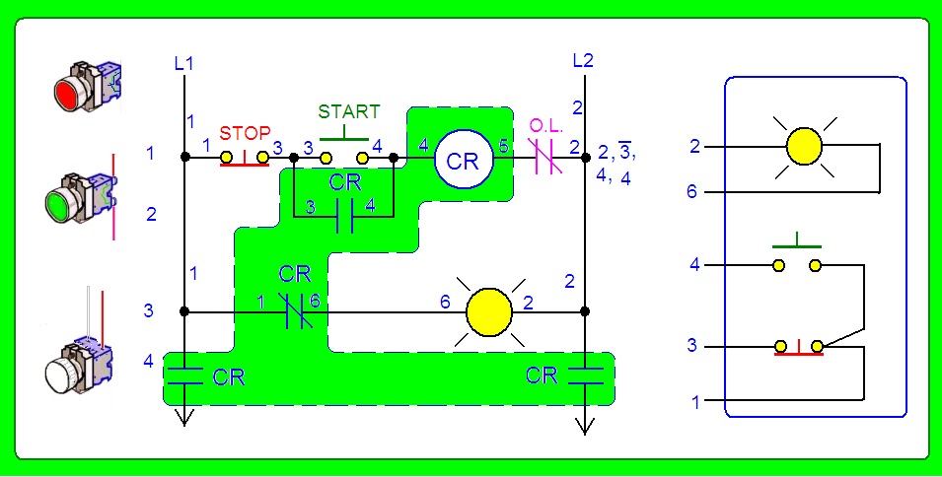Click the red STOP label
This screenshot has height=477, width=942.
click(x=245, y=133)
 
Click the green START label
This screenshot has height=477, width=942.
click(x=349, y=111)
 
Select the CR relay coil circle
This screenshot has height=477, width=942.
click(x=464, y=159)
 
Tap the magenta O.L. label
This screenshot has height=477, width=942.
click(x=546, y=126)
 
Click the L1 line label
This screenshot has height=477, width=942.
click(x=183, y=64)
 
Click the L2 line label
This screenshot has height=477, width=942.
click(x=583, y=60)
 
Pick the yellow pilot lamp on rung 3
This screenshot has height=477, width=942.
click(x=489, y=312)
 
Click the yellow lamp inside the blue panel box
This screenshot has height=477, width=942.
click(x=804, y=147)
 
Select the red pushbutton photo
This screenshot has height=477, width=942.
click(x=88, y=87)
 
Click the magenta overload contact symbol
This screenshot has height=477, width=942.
click(x=545, y=158)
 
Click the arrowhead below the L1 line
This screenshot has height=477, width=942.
click(x=184, y=418)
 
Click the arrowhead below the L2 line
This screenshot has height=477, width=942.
click(x=585, y=425)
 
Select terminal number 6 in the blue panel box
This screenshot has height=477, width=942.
click(x=693, y=192)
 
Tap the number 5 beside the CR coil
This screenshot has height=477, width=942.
click(x=503, y=146)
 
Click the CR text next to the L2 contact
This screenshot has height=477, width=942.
click(x=542, y=375)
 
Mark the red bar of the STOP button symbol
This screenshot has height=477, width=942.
click(x=245, y=164)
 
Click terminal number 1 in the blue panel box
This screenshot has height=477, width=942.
click(x=695, y=402)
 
